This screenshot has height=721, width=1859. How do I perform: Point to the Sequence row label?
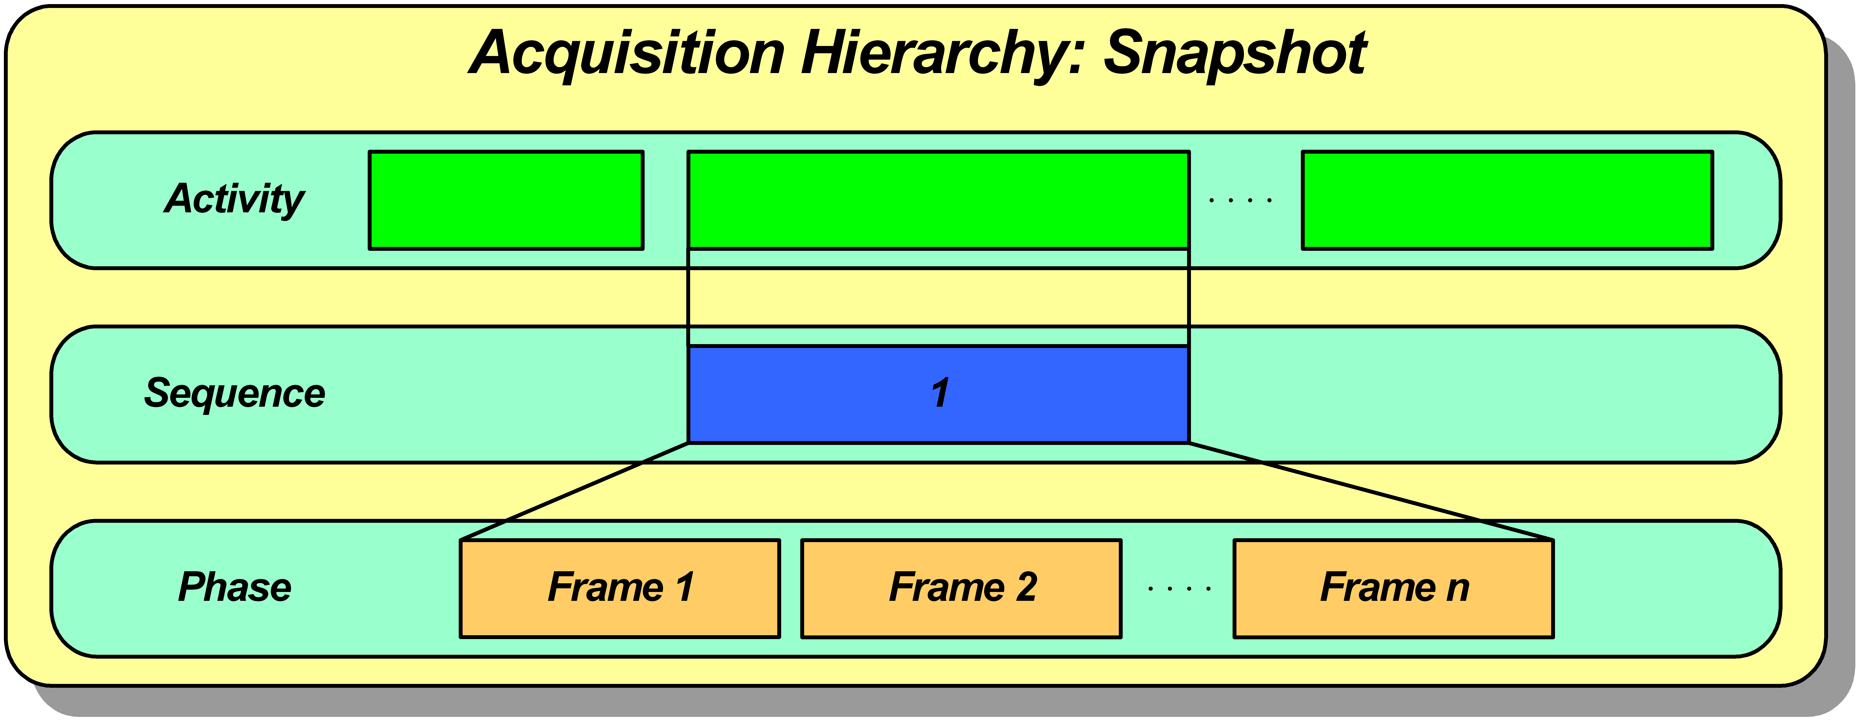tap(235, 393)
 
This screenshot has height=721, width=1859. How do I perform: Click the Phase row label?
tap(235, 587)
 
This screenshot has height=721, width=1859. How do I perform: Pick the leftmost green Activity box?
tap(506, 200)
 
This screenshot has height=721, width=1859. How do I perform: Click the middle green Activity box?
tap(938, 200)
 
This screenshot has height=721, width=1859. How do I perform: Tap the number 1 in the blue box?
tap(940, 393)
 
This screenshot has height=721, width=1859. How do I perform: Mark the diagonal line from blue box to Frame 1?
tap(575, 491)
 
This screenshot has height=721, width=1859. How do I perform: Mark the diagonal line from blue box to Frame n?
tap(1371, 491)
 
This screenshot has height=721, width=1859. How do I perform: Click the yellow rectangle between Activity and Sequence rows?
tap(938, 297)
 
